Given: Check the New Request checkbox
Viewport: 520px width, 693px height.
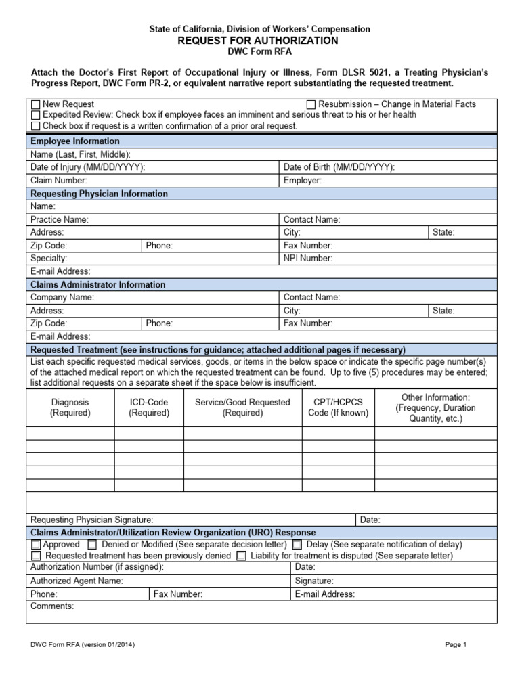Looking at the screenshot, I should [36, 105].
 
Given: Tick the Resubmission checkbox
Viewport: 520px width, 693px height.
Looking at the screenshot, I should [311, 105].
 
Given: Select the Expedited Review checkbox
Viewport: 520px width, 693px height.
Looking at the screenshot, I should [36, 115].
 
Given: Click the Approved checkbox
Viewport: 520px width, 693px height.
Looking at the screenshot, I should [36, 545].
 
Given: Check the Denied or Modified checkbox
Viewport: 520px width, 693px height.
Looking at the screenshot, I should [92, 545].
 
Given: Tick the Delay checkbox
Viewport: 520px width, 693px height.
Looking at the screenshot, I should [298, 545].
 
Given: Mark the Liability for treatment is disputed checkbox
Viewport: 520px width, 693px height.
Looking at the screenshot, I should [242, 556].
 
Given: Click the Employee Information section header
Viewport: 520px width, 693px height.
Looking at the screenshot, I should [75, 141].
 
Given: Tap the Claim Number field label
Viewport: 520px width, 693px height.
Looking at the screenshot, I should [59, 181].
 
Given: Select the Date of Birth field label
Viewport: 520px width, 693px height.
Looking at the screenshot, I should [339, 167].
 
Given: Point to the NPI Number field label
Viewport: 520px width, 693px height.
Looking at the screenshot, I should [308, 258].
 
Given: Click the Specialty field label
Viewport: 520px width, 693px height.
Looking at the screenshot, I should [49, 258].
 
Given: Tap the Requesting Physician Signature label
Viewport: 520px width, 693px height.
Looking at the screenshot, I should [92, 520].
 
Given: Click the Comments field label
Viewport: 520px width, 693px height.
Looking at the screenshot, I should [52, 606].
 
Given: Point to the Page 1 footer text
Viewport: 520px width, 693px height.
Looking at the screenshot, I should [456, 645].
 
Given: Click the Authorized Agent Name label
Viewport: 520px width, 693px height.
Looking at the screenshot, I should [77, 581].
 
